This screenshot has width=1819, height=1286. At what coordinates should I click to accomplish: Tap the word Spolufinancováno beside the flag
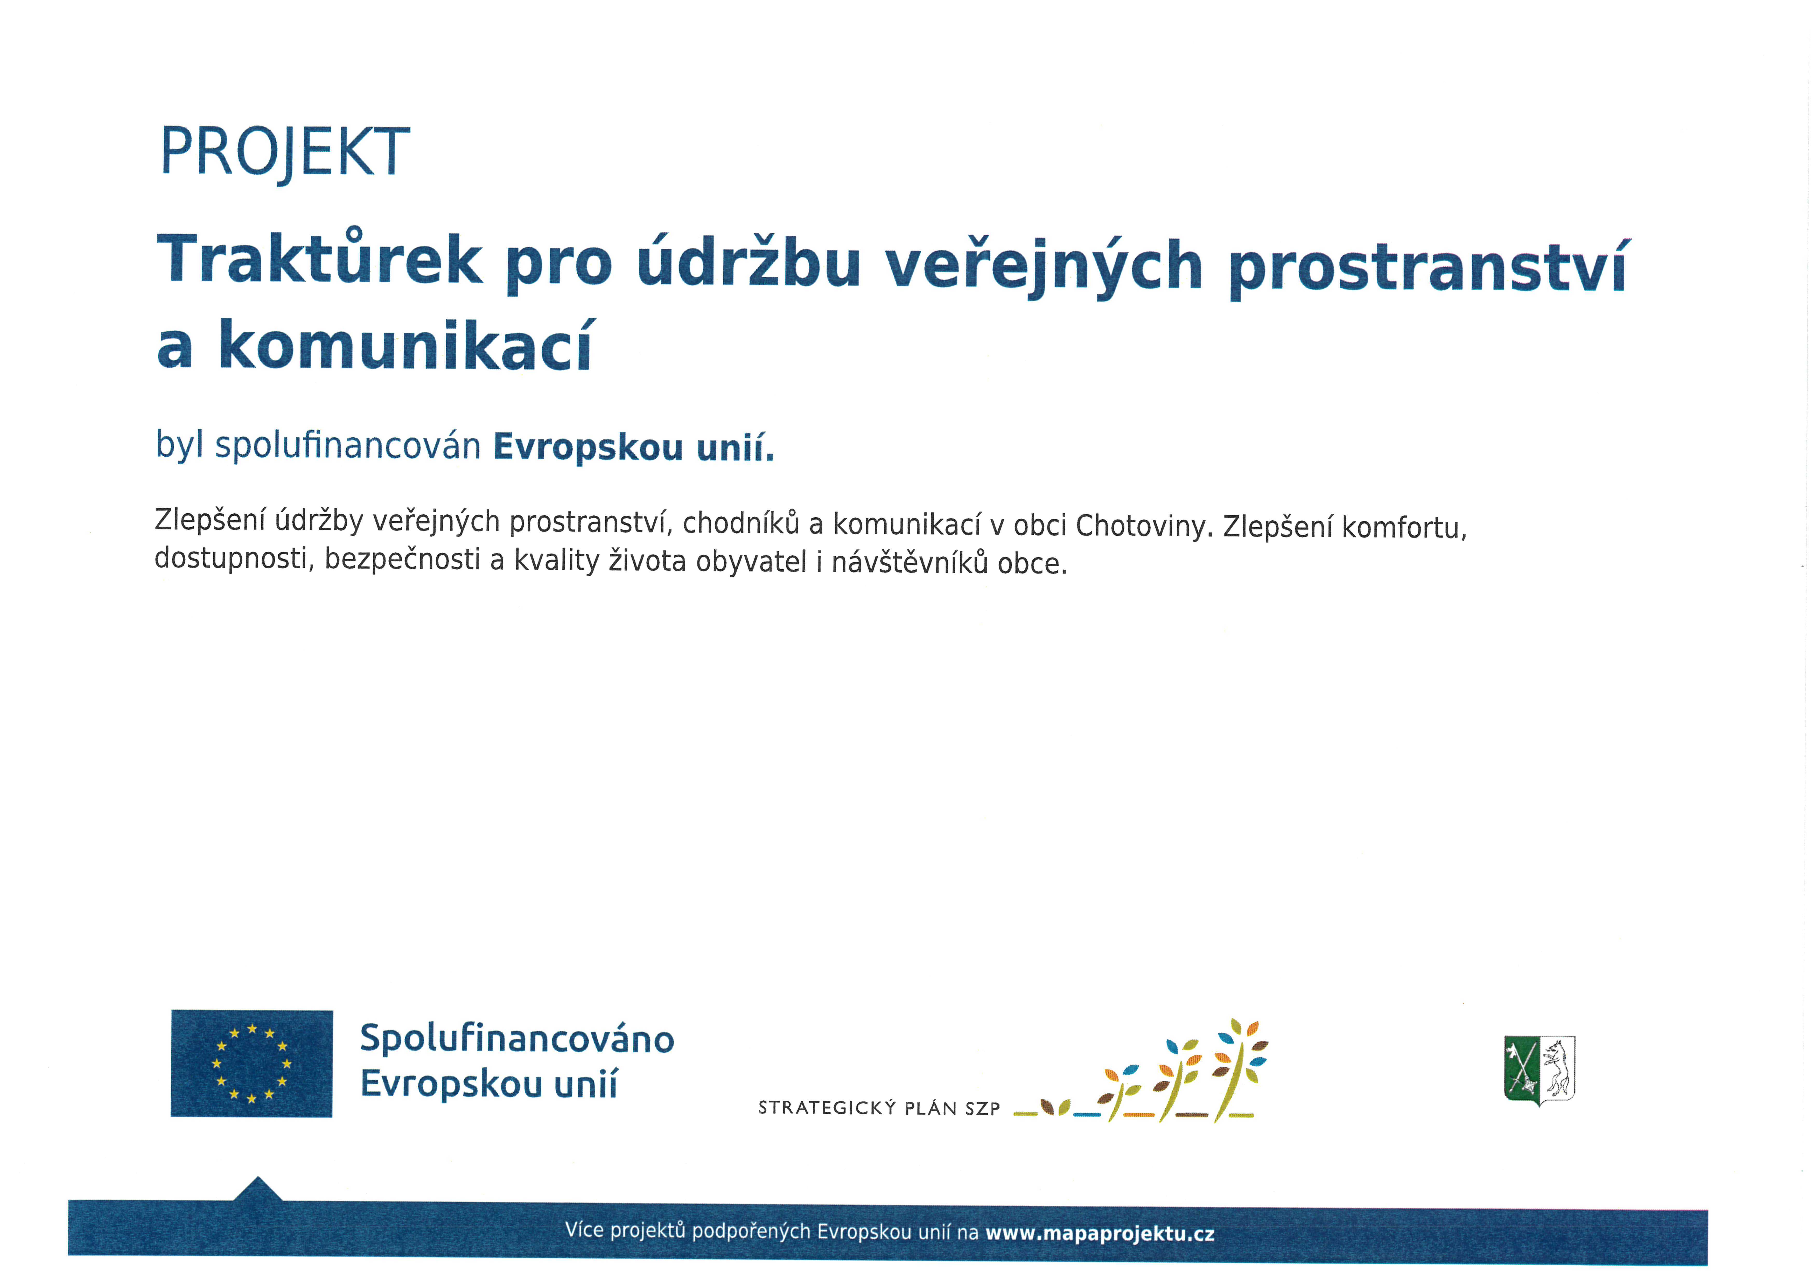pos(516,1039)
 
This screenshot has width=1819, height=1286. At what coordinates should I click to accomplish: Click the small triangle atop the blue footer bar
pos(257,1189)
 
